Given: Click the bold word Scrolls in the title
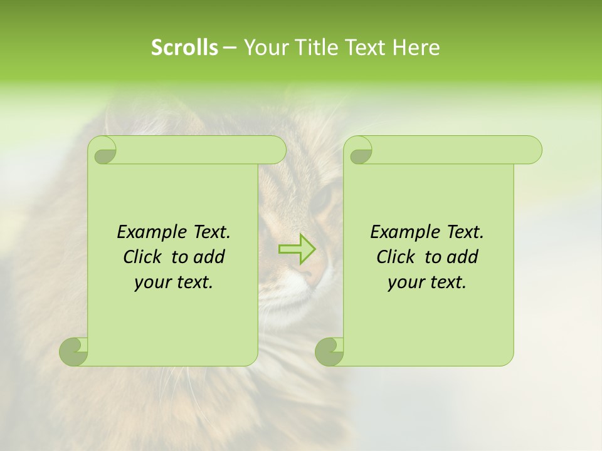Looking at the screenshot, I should coord(184,48).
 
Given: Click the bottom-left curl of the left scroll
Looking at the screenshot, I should coord(73,351).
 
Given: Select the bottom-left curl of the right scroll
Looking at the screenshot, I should coord(329,351).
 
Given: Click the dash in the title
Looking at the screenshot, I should coord(230,48).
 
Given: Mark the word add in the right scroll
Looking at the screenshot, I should coord(462,257).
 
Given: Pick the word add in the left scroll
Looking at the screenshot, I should coord(209,257).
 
